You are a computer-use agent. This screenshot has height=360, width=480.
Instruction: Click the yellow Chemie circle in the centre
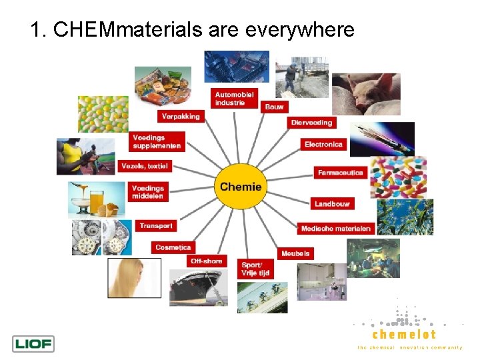click(241, 187)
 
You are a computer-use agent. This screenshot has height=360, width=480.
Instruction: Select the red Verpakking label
click(180, 116)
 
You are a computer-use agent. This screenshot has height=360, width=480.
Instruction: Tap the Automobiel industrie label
click(234, 99)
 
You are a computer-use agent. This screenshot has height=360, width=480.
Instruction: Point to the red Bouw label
click(273, 107)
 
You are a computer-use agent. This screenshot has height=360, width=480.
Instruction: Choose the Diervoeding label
click(311, 123)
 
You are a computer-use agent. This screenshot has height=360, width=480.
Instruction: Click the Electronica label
click(323, 144)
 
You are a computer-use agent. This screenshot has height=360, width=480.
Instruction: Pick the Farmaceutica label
click(341, 173)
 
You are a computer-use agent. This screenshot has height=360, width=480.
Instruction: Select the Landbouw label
click(332, 203)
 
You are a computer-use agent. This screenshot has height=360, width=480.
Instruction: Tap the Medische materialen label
click(335, 229)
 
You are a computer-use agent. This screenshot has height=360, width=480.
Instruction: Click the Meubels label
click(295, 253)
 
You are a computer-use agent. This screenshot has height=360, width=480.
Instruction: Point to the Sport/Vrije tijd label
click(256, 269)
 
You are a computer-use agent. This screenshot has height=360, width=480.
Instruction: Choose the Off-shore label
click(207, 261)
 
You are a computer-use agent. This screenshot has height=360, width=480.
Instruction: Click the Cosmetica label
click(173, 247)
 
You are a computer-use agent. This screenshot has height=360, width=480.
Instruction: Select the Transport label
click(156, 226)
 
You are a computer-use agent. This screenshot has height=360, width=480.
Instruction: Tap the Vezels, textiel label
click(145, 166)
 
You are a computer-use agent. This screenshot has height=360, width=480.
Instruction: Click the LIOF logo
click(33, 344)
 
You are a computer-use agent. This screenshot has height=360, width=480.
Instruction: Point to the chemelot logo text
click(404, 334)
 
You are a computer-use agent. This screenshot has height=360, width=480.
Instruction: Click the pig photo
click(366, 94)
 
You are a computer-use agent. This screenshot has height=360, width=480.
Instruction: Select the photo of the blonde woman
click(134, 278)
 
